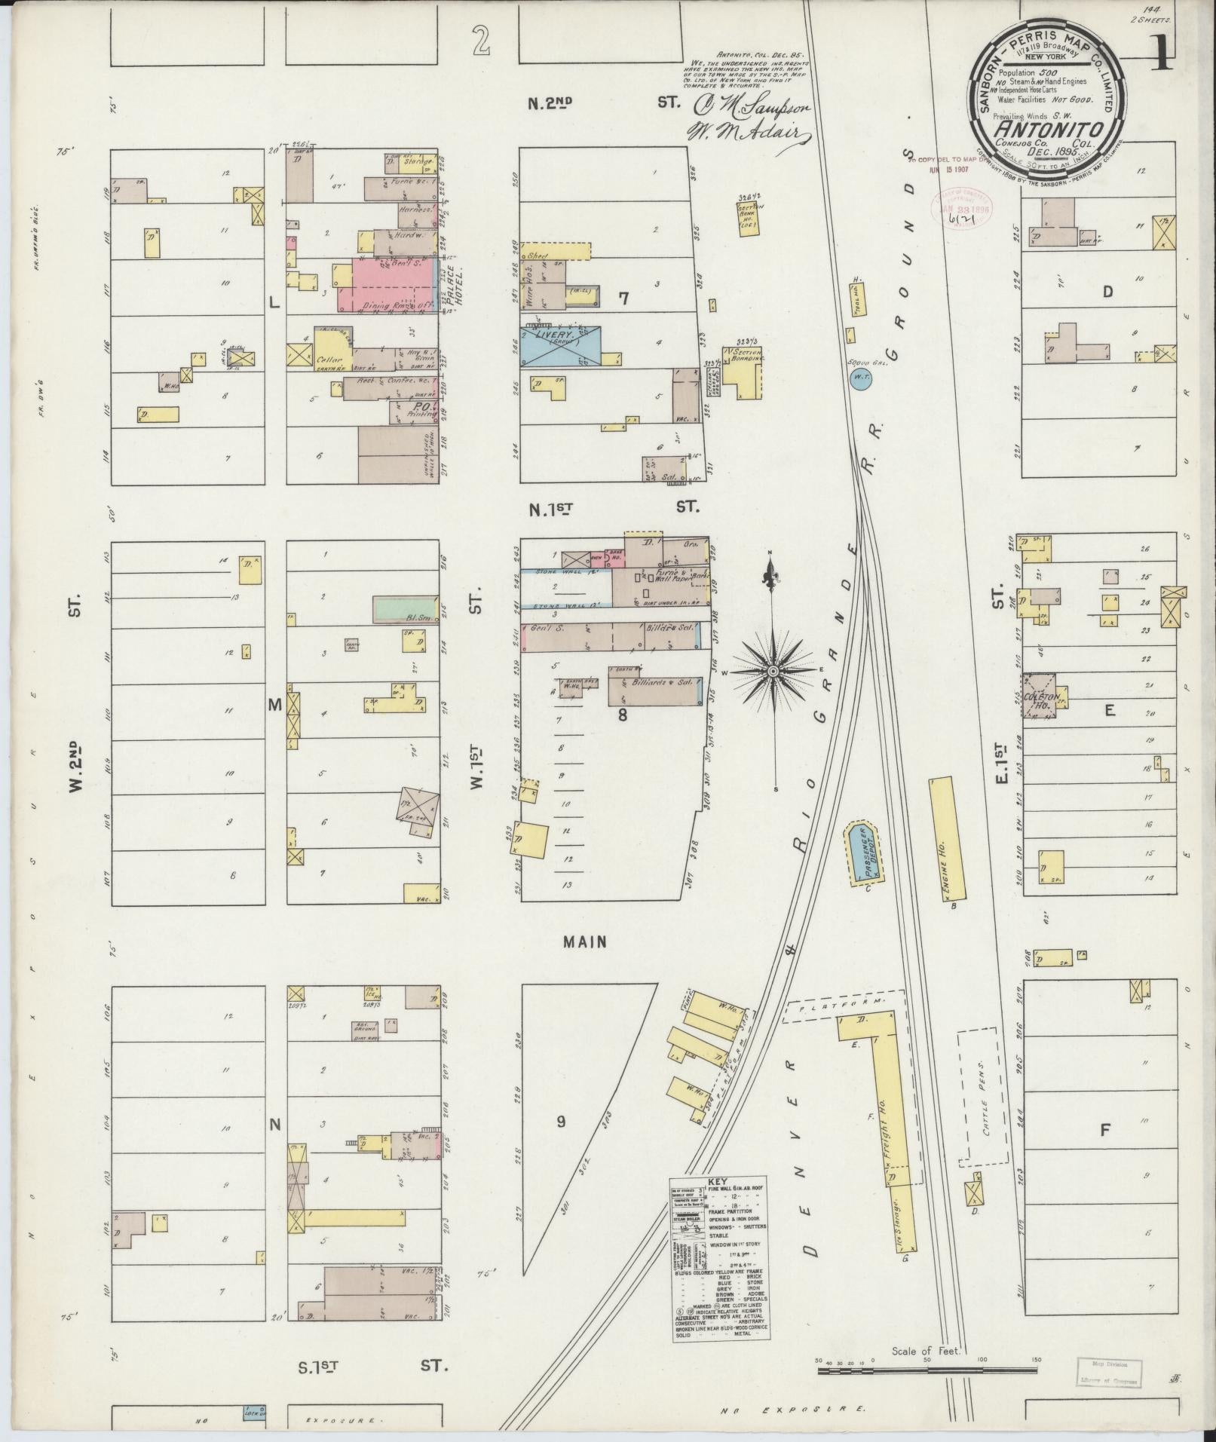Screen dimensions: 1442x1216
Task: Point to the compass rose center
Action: point(773,670)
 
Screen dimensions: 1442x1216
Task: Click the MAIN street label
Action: point(584,941)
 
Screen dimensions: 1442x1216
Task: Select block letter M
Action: point(274,706)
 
